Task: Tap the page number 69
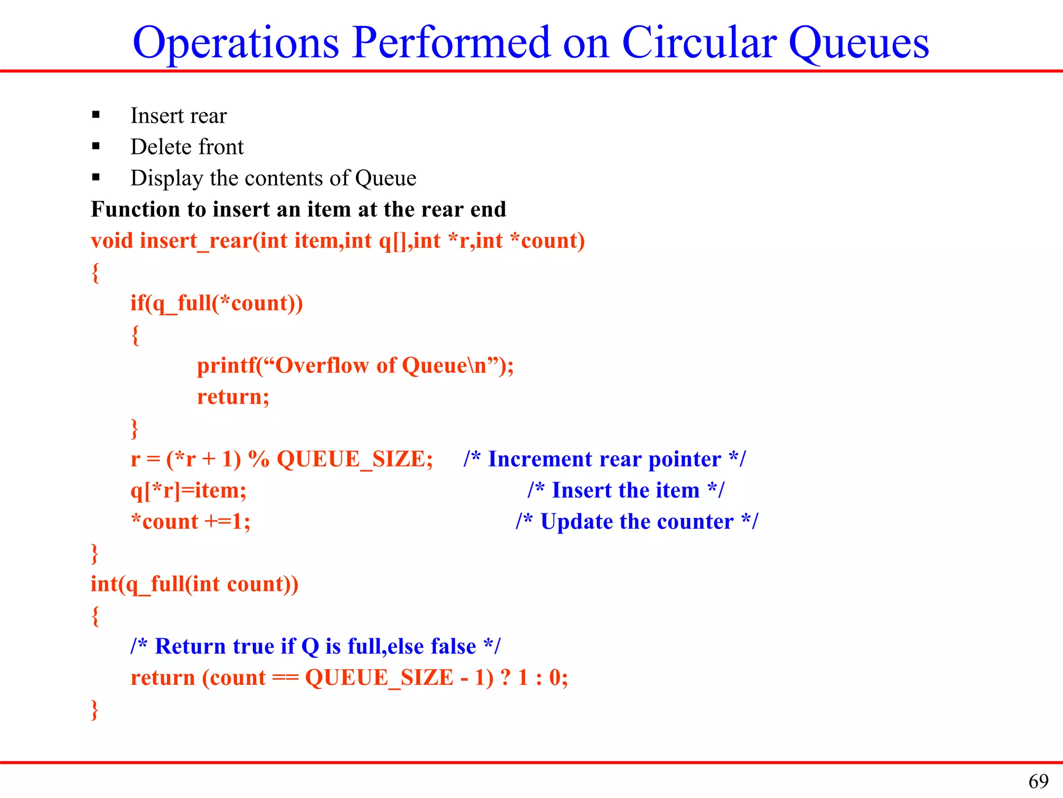[1038, 781]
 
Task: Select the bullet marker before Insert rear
[96, 115]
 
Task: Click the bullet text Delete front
[187, 147]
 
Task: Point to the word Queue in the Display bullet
[386, 179]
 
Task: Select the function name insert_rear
[196, 241]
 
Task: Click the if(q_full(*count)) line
[216, 303]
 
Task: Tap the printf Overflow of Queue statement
[355, 366]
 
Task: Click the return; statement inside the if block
[233, 397]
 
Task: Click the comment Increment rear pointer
[605, 459]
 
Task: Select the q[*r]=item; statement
[188, 490]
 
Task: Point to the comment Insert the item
[625, 490]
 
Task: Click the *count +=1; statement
[190, 522]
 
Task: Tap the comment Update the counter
[637, 522]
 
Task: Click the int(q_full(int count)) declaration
[195, 584]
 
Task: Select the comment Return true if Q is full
[315, 647]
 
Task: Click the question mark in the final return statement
[506, 677]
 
